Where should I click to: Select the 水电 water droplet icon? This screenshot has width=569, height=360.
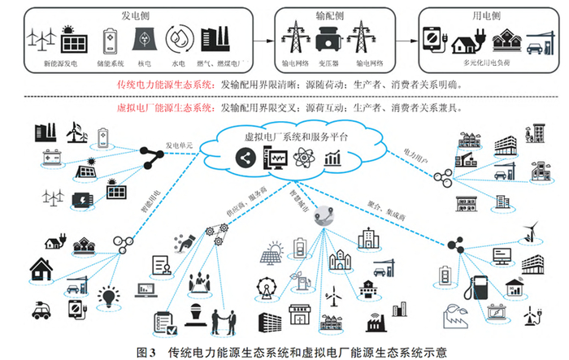[x=178, y=40]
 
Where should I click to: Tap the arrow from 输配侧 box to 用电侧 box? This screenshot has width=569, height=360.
[x=403, y=38]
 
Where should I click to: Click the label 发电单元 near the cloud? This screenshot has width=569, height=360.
[x=180, y=145]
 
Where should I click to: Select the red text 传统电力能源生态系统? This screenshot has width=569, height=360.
[x=166, y=84]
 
